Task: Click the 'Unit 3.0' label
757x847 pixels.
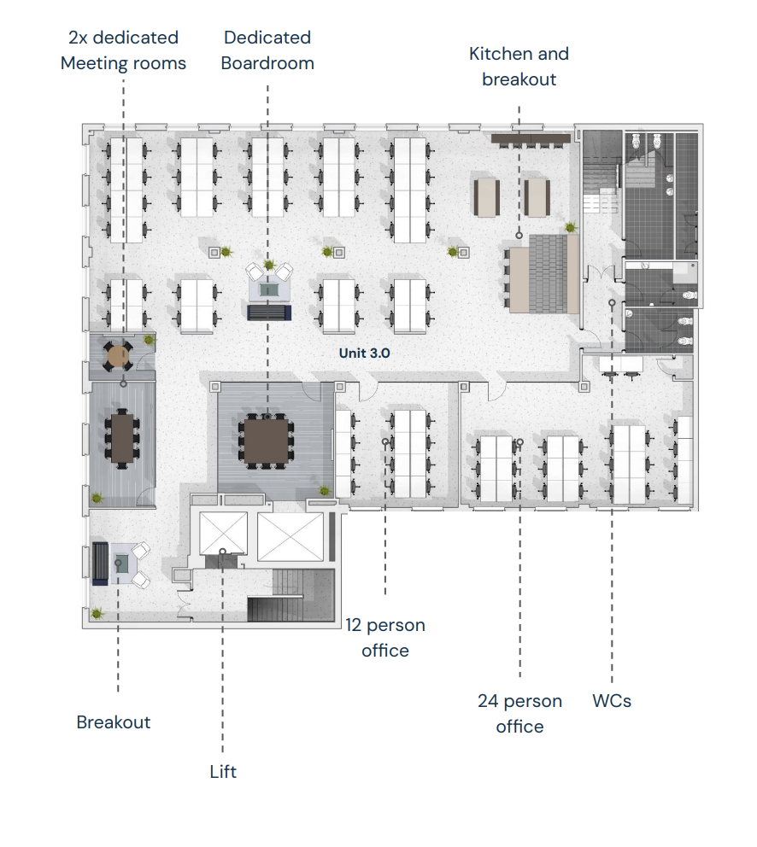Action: pyautogui.click(x=365, y=353)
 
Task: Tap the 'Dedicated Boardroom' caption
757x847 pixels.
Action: pyautogui.click(x=267, y=50)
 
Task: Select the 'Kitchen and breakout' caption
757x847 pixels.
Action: pyautogui.click(x=519, y=67)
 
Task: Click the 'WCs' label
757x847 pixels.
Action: pyautogui.click(x=612, y=701)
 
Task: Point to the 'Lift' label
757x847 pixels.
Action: pyautogui.click(x=223, y=771)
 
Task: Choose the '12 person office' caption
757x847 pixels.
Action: pyautogui.click(x=385, y=638)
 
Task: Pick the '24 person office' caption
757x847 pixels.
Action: pyautogui.click(x=519, y=714)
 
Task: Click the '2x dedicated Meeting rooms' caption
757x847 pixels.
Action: pyautogui.click(x=123, y=50)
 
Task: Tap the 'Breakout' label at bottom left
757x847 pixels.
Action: pyautogui.click(x=114, y=722)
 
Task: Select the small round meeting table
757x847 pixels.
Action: pyautogui.click(x=117, y=356)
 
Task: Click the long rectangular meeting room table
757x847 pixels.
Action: pyautogui.click(x=122, y=438)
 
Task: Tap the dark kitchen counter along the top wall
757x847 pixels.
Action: pyautogui.click(x=531, y=139)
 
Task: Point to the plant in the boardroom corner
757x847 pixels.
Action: pyautogui.click(x=325, y=490)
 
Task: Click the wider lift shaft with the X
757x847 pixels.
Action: pyautogui.click(x=290, y=537)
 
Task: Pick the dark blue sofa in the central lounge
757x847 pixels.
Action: pyautogui.click(x=269, y=313)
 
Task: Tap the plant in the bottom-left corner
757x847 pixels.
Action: pyautogui.click(x=97, y=613)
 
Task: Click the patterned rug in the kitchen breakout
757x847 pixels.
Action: pyautogui.click(x=548, y=274)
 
